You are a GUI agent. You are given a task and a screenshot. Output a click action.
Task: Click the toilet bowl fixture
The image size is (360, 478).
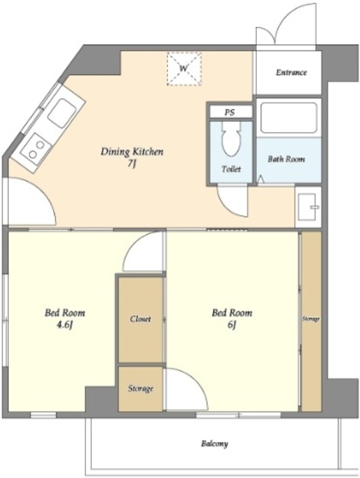pos(232,139)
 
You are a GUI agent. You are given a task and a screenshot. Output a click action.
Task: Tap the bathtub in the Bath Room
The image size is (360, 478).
pos(288,118)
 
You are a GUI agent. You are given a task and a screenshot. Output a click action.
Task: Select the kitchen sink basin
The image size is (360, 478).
pos(62,113)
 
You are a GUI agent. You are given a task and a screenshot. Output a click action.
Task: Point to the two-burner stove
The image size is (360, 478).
pos(36,149)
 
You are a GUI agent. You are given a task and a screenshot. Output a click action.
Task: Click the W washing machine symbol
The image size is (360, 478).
pos(184,69)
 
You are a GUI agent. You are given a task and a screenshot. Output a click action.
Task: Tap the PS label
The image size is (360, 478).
pos(229,112)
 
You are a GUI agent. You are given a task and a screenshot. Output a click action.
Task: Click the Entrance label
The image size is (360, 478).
pos(291,72)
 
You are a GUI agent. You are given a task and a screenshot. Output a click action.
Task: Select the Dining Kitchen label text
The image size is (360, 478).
pos(132,152)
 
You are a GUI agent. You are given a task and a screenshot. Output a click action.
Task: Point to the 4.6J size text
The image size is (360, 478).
pos(65,326)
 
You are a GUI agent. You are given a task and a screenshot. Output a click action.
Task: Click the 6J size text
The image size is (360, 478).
pos(232,326)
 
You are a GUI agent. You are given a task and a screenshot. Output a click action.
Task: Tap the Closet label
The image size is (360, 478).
pos(140,319)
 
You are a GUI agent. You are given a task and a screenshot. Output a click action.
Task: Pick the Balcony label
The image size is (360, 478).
pos(214,444)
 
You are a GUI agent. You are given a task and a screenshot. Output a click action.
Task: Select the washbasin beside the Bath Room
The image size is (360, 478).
pos(308,208)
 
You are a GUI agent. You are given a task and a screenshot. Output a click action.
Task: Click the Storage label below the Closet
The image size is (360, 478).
pos(140,388)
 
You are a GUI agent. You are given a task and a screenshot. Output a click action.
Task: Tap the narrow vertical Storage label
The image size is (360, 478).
pos(311,319)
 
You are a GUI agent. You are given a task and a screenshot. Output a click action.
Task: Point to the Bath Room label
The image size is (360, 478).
pos(286,159)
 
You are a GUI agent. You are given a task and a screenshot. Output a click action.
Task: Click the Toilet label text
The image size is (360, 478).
pos(232,169)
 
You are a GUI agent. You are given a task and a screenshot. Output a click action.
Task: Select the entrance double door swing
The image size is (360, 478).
pos(285,25)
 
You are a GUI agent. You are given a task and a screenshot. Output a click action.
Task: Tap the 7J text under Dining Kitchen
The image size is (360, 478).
pos(131,164)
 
